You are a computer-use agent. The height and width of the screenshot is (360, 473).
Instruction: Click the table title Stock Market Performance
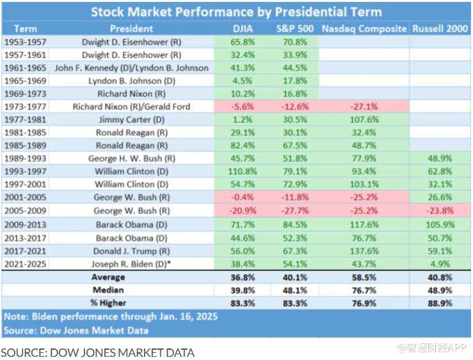pos(236,12)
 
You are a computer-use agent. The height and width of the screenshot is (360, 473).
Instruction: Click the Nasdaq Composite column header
pos(364,29)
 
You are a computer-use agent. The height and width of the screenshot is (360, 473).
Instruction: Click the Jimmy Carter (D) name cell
pos(131,119)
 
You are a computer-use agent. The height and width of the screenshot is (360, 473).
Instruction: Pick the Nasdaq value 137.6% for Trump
pos(364,252)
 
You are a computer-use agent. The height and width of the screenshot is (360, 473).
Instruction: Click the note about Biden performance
pos(110,316)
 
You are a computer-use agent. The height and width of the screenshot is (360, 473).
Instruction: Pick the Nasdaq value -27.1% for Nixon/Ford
pos(364,106)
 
